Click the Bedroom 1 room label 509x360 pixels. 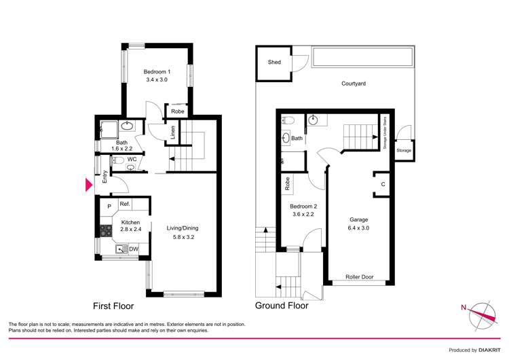(156, 72)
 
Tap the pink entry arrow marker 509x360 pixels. (88, 185)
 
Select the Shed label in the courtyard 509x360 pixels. (274, 62)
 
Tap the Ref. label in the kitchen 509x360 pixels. (125, 204)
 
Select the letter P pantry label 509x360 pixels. (109, 206)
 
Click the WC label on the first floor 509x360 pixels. (132, 160)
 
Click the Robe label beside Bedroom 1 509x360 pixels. (178, 111)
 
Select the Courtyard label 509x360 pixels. (354, 84)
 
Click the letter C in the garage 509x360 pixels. (383, 184)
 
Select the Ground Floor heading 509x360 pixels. (281, 306)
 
